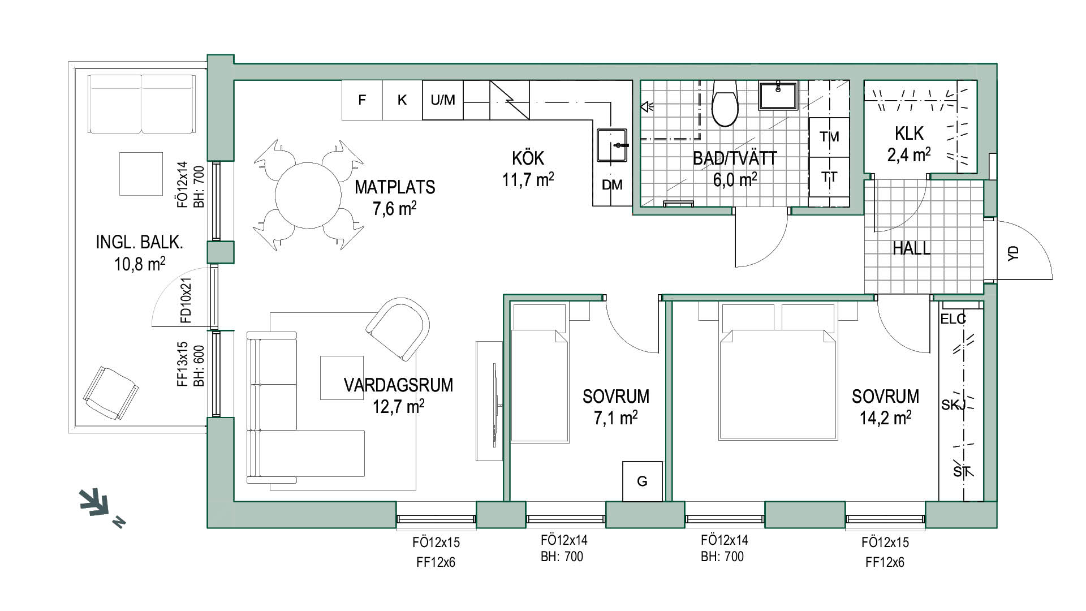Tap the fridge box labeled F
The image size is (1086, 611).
[x=362, y=100]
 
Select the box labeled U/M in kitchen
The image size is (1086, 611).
[x=443, y=100]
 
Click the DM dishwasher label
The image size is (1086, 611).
[x=612, y=185]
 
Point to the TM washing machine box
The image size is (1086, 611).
[x=829, y=137]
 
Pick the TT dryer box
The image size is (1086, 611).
[x=829, y=177]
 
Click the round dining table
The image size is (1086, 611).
[x=308, y=195]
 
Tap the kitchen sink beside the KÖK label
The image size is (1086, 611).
[x=612, y=145]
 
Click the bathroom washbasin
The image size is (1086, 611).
[x=778, y=95]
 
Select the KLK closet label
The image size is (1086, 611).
[x=909, y=134]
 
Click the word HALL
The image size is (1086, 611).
[x=911, y=248]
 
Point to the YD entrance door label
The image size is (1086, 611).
[x=1013, y=253]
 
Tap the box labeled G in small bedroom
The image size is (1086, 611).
[x=642, y=481]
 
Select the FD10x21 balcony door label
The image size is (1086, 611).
[x=186, y=300]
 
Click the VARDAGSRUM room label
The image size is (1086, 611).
[x=398, y=385]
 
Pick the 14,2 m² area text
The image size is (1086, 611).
[x=885, y=418]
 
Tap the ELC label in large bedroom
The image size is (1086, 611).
[x=953, y=319]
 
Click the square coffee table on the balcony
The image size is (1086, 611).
[x=141, y=174]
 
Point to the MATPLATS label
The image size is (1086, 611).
[x=395, y=187]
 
